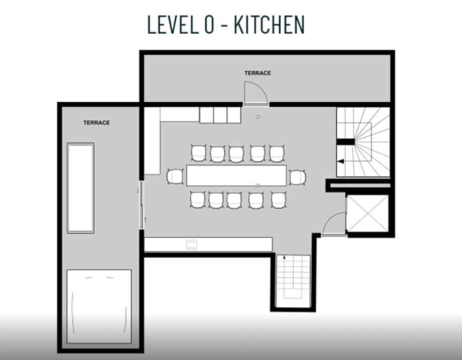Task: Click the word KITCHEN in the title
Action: [x=269, y=25]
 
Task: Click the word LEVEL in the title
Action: [x=172, y=25]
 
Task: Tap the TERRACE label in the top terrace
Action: [x=257, y=73]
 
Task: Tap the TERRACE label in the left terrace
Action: [x=97, y=123]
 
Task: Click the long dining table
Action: [x=236, y=176]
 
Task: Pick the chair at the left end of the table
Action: [x=175, y=177]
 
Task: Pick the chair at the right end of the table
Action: [x=298, y=177]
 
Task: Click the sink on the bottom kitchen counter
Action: [x=192, y=244]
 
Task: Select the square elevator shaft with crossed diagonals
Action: [x=367, y=213]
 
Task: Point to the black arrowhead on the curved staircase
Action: [x=341, y=161]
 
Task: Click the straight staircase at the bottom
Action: [x=293, y=281]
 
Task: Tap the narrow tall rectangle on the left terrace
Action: [x=80, y=188]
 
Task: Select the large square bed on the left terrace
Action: [x=99, y=307]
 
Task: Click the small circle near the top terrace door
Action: [x=258, y=117]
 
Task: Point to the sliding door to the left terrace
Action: [x=142, y=205]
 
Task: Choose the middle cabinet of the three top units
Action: [x=220, y=115]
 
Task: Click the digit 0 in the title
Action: [x=209, y=25]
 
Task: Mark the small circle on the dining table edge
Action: [x=258, y=185]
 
